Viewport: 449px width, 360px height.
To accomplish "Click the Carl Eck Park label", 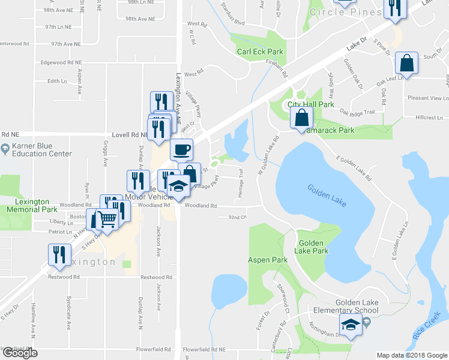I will click(x=260, y=52).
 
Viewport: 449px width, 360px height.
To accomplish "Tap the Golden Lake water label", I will click(x=327, y=196).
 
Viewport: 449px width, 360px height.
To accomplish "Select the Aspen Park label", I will click(x=265, y=260).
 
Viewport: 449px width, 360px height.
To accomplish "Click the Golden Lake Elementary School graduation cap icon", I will click(x=348, y=326).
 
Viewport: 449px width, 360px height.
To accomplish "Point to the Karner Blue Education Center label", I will click(x=40, y=150).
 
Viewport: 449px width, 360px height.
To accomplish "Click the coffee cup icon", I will click(x=181, y=149).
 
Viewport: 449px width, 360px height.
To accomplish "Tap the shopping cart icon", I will click(x=107, y=221).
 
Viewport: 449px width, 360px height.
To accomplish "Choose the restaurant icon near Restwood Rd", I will click(x=58, y=254).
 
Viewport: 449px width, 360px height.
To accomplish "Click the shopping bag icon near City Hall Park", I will click(x=300, y=118).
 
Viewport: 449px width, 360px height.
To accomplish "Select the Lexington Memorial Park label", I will click(x=31, y=206).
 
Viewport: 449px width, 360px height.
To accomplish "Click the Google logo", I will click(x=20, y=353).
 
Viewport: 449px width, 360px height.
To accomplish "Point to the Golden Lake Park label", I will click(x=313, y=247).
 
